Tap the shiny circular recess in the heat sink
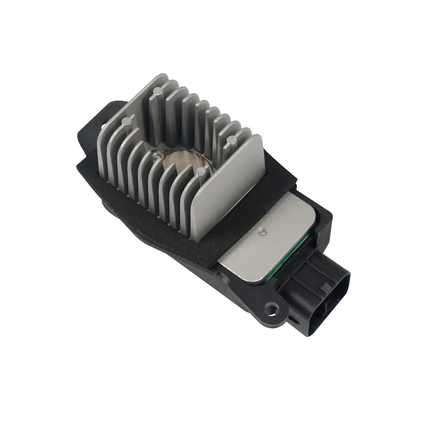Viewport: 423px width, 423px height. point(183,160)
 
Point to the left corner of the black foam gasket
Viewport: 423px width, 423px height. point(78,163)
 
